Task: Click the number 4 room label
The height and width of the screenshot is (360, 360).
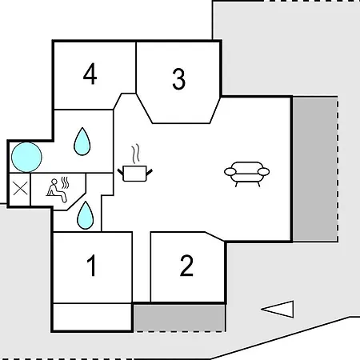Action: pyautogui.click(x=90, y=74)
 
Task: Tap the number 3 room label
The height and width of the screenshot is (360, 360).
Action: pyautogui.click(x=178, y=79)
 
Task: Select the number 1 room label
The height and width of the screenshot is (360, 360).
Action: pyautogui.click(x=91, y=266)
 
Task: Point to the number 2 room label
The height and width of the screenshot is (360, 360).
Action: pyautogui.click(x=186, y=266)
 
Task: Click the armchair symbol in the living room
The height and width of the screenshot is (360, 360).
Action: pyautogui.click(x=246, y=174)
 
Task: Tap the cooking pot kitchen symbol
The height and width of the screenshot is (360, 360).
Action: pyautogui.click(x=135, y=174)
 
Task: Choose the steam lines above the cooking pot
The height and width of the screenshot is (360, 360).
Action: pyautogui.click(x=136, y=154)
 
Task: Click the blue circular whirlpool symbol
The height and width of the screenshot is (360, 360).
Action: pyautogui.click(x=26, y=157)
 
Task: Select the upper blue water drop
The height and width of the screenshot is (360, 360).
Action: pyautogui.click(x=82, y=142)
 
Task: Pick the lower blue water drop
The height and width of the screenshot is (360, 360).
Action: pyautogui.click(x=86, y=215)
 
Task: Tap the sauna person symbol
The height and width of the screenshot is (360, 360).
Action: pyautogui.click(x=56, y=190)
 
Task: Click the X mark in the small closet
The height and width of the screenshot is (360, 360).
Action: pyautogui.click(x=20, y=189)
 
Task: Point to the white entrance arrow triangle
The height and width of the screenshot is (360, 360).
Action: pyautogui.click(x=278, y=310)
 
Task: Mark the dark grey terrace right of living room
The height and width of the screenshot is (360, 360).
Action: pyautogui.click(x=315, y=170)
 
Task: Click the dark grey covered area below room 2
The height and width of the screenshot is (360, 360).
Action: pyautogui.click(x=179, y=318)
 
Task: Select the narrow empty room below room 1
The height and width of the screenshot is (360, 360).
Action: pyautogui.click(x=92, y=317)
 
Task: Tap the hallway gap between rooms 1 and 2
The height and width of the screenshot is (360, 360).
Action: pyautogui.click(x=142, y=266)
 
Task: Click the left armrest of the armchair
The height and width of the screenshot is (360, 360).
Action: pyautogui.click(x=230, y=172)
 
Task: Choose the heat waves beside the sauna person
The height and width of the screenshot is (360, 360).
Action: pyautogui.click(x=64, y=182)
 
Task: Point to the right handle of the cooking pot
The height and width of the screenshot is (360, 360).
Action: pyautogui.click(x=149, y=172)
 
